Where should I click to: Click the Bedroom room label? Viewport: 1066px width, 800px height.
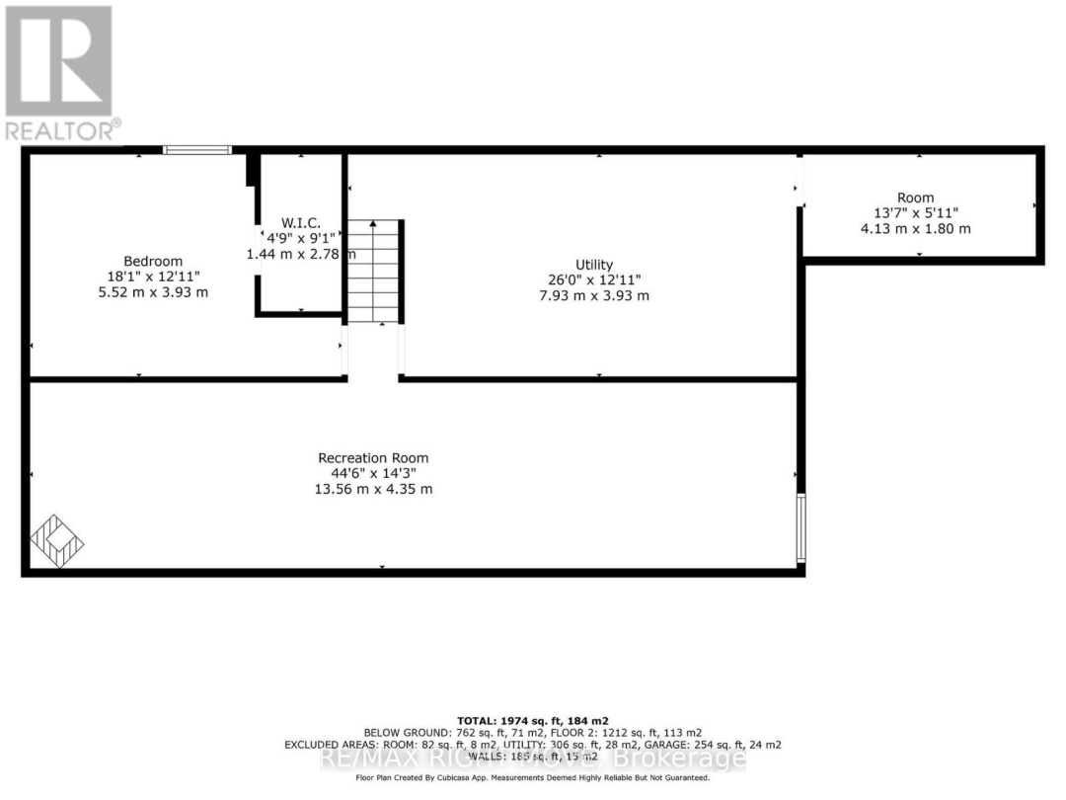tap(152, 261)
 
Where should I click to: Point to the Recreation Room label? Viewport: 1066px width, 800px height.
tap(373, 458)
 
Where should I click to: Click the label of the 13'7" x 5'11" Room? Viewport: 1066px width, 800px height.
tap(915, 198)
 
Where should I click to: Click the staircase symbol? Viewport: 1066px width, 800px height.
tap(374, 272)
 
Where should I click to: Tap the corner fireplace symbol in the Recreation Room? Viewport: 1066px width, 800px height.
tap(57, 542)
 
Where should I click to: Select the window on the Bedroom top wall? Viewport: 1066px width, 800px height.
tap(197, 150)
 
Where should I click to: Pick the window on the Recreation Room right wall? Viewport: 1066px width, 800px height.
tap(800, 527)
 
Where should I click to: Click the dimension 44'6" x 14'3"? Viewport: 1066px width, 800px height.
tap(373, 474)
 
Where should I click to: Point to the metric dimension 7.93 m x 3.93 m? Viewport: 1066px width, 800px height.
tap(594, 296)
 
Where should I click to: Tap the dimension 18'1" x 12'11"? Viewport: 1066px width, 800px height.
tap(152, 277)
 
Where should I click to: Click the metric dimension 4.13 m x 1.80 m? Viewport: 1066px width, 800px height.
tap(915, 229)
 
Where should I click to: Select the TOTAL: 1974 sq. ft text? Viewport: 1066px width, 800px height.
tap(533, 720)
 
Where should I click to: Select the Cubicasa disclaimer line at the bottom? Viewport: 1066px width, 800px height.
tap(533, 778)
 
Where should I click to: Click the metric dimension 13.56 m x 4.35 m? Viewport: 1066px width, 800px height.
tap(373, 490)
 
